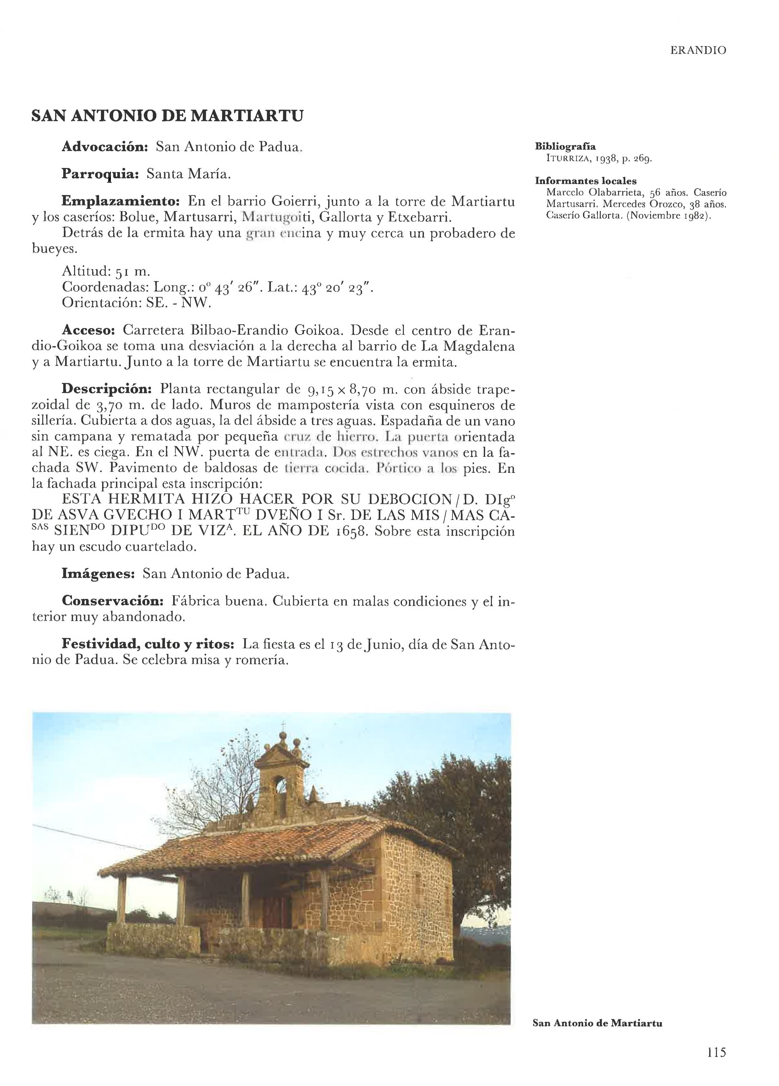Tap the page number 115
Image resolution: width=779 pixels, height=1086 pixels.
click(x=716, y=1052)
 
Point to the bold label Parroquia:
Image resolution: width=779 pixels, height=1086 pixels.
click(x=100, y=174)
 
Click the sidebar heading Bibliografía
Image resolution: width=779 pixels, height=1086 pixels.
click(x=565, y=147)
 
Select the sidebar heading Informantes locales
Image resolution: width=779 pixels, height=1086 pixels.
click(x=586, y=181)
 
